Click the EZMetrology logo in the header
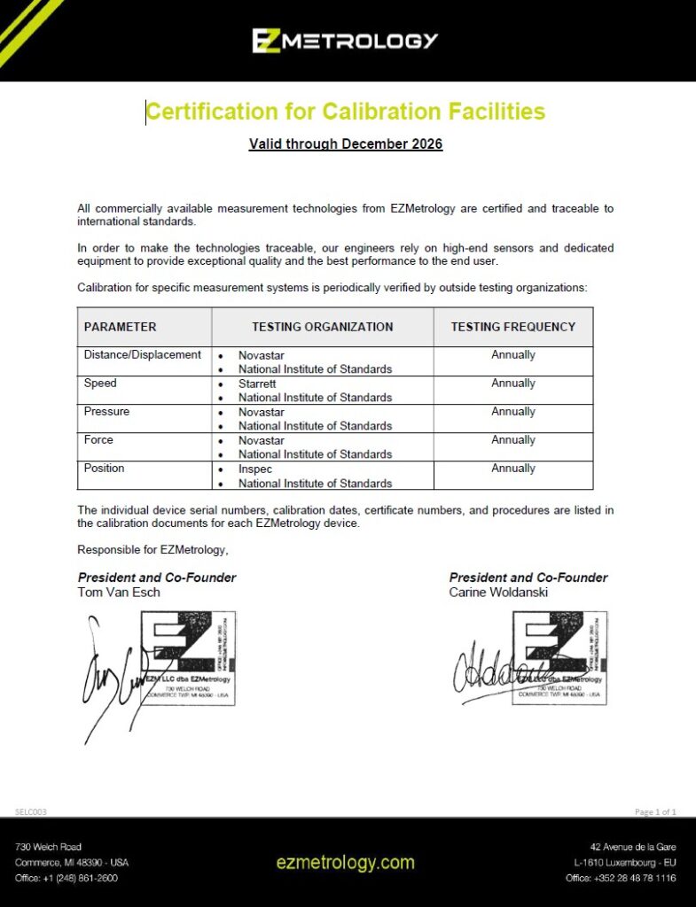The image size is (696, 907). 345,41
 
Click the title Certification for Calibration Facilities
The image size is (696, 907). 345,112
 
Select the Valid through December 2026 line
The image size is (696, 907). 346,143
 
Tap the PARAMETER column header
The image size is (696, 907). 121,327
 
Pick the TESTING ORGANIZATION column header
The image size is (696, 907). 323,327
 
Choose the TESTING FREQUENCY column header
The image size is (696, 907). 513,327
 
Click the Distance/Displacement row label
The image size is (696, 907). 143,355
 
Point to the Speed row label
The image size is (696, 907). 100,384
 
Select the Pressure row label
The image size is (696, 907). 106,412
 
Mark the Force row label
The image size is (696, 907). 98,440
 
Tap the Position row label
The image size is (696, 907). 104,469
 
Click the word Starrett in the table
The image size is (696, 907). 258,384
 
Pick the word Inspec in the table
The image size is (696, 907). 255,469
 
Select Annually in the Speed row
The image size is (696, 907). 513,384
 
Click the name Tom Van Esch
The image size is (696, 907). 119,592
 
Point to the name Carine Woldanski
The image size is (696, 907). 498,592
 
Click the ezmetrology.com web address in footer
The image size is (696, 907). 345,862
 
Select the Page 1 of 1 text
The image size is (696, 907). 655,811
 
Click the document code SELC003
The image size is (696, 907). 31,811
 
